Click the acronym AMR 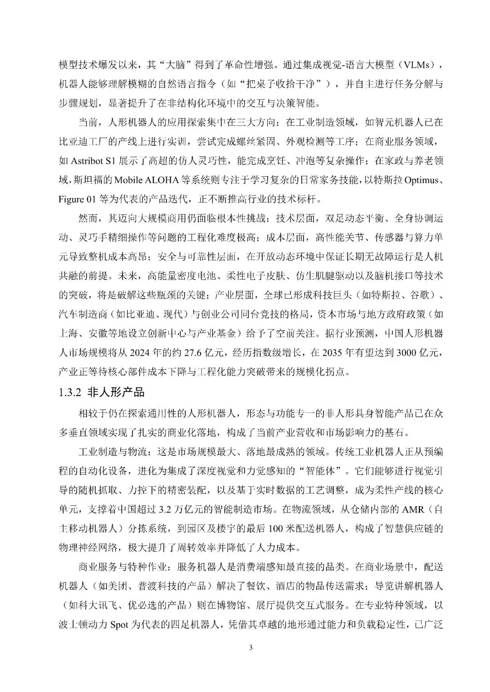pyautogui.click(x=413, y=509)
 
